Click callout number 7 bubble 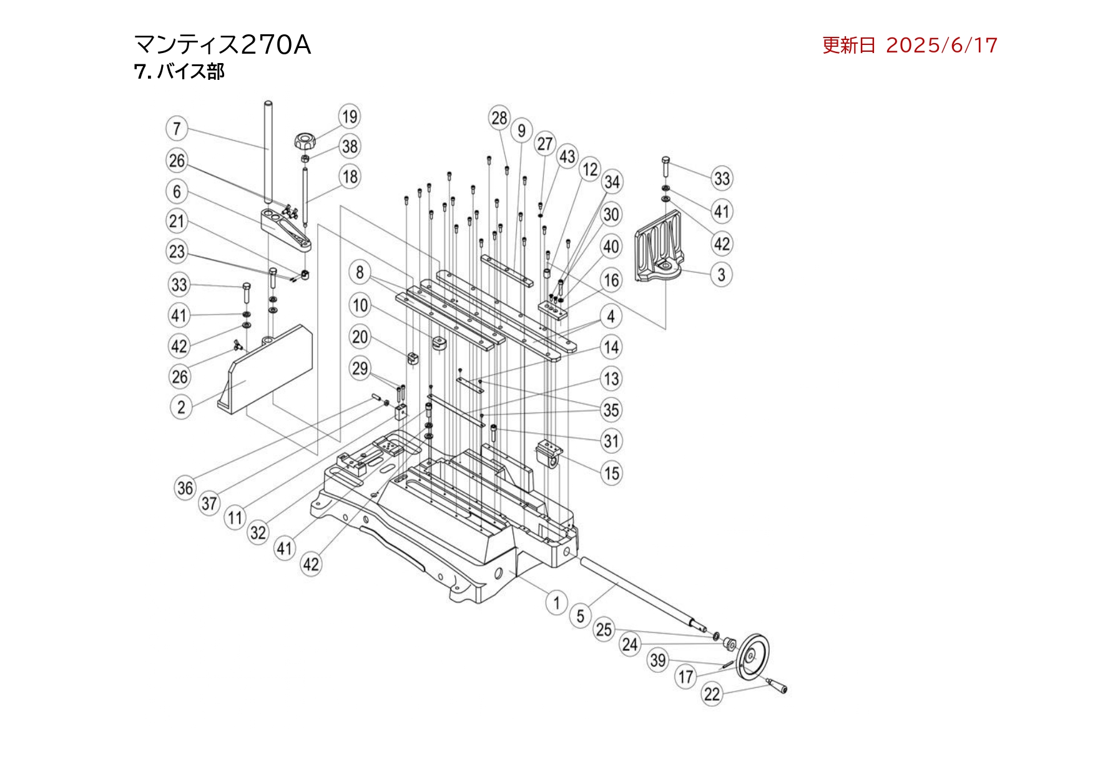click(177, 129)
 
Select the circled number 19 click(350, 117)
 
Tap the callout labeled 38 click(350, 147)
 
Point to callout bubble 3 click(721, 275)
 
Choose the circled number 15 click(612, 473)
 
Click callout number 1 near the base click(556, 603)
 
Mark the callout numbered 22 click(712, 694)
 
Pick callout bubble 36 click(185, 488)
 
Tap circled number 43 click(567, 156)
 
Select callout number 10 click(360, 306)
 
